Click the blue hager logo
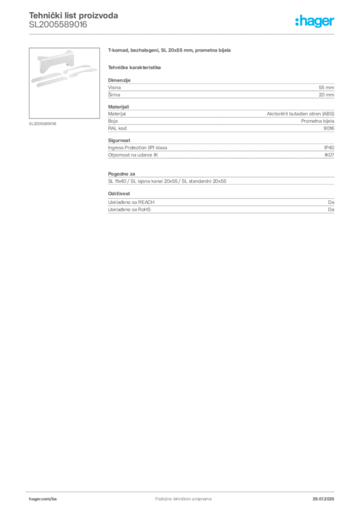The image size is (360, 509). point(316,22)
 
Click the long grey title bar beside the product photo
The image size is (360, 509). point(171,51)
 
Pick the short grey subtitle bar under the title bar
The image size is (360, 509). point(135,67)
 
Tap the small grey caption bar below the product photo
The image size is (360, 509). point(44,123)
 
